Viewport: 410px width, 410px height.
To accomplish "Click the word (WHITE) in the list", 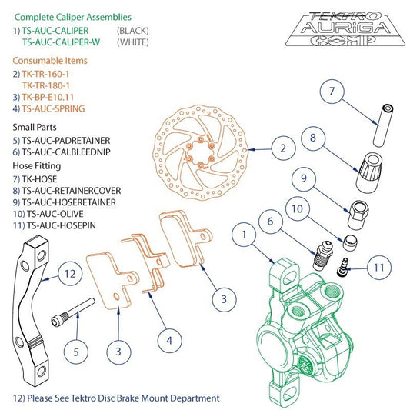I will [x=132, y=42].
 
